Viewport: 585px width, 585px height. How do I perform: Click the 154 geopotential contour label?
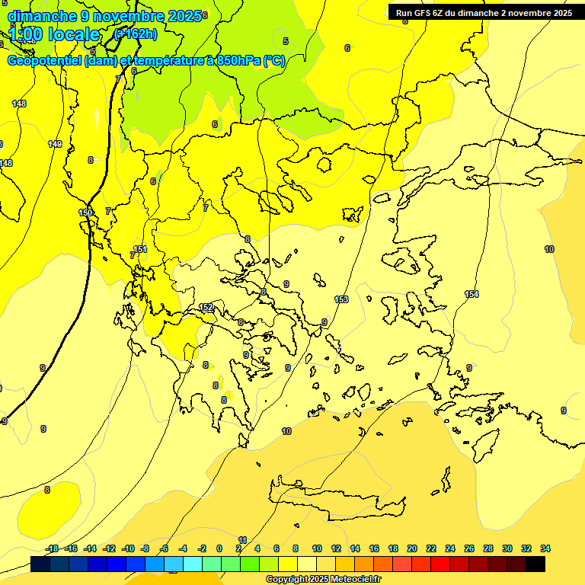[472, 294]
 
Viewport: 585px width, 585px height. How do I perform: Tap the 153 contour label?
[341, 299]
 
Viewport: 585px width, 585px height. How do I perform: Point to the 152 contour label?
[206, 307]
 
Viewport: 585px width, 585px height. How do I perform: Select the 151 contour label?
[140, 249]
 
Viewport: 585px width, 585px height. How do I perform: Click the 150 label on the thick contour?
[85, 213]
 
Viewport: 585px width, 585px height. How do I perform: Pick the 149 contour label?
[55, 144]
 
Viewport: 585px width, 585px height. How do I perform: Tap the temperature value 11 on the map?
[243, 539]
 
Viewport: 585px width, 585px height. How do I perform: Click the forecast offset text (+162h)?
[135, 34]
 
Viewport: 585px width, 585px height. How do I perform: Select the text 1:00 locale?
[54, 34]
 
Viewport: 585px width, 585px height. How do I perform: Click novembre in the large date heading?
[121, 16]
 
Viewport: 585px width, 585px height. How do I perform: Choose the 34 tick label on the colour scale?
[545, 548]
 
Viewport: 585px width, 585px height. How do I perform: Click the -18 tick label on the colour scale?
[52, 548]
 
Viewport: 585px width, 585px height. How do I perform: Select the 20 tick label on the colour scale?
[412, 548]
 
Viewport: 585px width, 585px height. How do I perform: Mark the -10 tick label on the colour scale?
[128, 548]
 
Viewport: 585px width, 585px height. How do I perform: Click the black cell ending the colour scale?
[535, 564]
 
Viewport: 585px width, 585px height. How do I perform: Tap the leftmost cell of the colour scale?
[40, 564]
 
